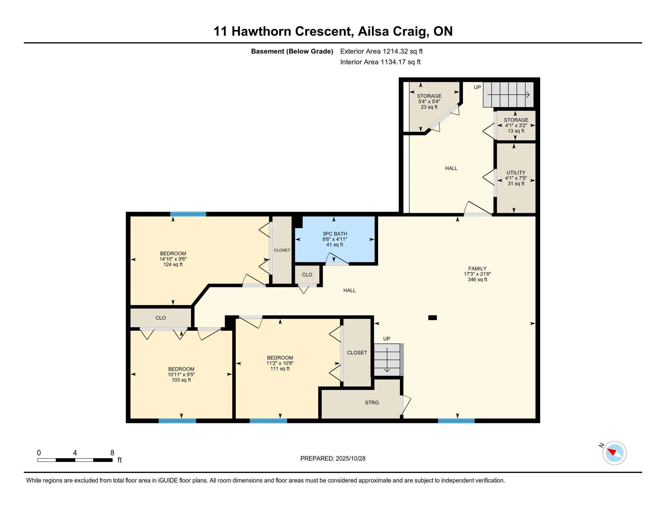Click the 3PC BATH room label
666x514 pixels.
coord(335,234)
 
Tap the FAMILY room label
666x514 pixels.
coord(477,268)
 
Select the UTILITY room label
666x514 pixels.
coord(516,172)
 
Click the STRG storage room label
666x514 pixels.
coord(372,402)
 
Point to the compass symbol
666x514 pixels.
coord(614,453)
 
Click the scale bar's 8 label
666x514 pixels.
coord(112,453)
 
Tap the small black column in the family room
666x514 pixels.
coord(432,317)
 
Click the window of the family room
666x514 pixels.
coord(456,421)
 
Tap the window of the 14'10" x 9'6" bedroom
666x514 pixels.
coord(188,214)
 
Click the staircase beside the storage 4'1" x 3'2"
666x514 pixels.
coord(508,95)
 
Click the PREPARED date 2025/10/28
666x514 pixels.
coord(350,459)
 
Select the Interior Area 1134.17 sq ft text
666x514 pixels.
coord(380,62)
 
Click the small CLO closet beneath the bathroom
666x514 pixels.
coord(307,275)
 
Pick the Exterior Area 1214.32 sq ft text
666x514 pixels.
coord(381,51)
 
